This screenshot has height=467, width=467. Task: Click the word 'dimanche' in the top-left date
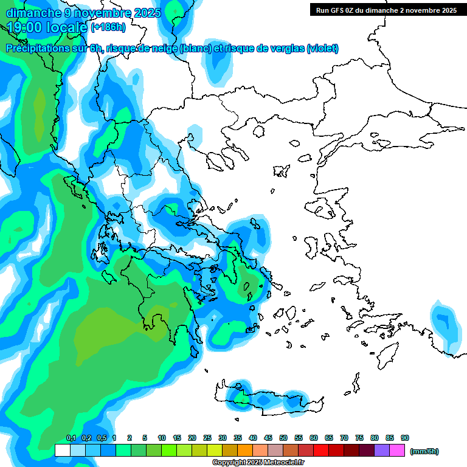coord(29,13)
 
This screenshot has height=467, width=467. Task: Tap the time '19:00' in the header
coord(26,27)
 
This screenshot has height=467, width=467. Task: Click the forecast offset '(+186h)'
coord(108,27)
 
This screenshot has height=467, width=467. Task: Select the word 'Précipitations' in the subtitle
coord(38,49)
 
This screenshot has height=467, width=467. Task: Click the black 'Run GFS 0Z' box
coord(386,10)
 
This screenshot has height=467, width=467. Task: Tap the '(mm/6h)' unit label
coord(424,451)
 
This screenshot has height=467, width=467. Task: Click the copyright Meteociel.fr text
coord(258,463)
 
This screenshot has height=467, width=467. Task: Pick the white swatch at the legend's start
coord(62,451)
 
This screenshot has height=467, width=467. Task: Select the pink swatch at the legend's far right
coord(398,451)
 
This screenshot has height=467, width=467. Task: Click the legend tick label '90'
coord(405,438)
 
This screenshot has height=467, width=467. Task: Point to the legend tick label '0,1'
coord(71,438)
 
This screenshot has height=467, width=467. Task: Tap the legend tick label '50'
coord(283,438)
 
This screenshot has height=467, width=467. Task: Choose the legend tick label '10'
coord(162,438)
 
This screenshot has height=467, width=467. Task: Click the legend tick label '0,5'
coord(102,438)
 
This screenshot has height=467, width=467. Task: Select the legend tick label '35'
coord(238,438)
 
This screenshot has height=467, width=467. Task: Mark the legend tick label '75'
coord(359,438)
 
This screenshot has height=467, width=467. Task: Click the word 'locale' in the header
coord(69,27)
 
